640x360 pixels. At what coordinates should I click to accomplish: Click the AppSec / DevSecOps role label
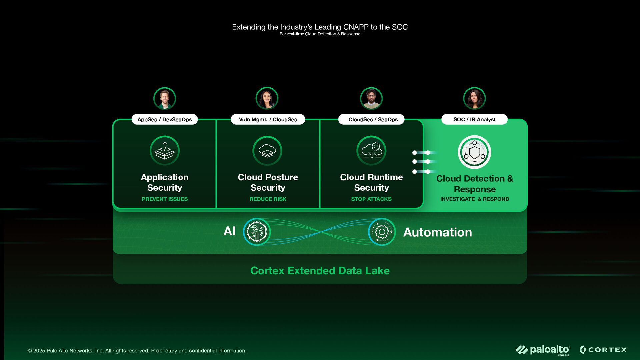[x=165, y=119]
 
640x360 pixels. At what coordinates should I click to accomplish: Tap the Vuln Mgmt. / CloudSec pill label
[x=268, y=119]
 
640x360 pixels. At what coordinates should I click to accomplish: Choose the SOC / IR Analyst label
[x=474, y=119]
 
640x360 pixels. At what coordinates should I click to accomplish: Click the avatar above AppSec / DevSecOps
[x=165, y=98]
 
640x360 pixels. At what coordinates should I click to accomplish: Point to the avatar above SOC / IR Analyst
[x=474, y=98]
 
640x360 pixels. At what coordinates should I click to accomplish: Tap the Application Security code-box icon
[x=165, y=151]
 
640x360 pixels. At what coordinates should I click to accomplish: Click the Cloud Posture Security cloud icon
[x=267, y=151]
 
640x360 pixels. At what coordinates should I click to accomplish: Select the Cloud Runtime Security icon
[x=371, y=151]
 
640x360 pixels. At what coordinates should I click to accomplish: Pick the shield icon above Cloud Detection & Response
[x=474, y=152]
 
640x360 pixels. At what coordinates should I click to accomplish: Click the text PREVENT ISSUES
[x=165, y=199]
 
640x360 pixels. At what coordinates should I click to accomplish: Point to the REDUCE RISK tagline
[x=268, y=199]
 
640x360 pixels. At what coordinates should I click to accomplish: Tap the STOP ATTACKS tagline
[x=371, y=199]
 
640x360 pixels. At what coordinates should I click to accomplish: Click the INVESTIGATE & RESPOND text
[x=475, y=199]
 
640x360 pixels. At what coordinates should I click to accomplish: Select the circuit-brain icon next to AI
[x=257, y=232]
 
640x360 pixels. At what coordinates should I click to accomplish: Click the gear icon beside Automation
[x=382, y=232]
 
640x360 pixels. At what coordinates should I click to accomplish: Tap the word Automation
[x=437, y=232]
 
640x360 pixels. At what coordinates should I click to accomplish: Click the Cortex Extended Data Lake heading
[x=320, y=271]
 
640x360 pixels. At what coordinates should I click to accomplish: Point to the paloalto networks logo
[x=543, y=350]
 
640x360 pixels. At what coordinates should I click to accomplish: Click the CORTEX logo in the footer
[x=604, y=350]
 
